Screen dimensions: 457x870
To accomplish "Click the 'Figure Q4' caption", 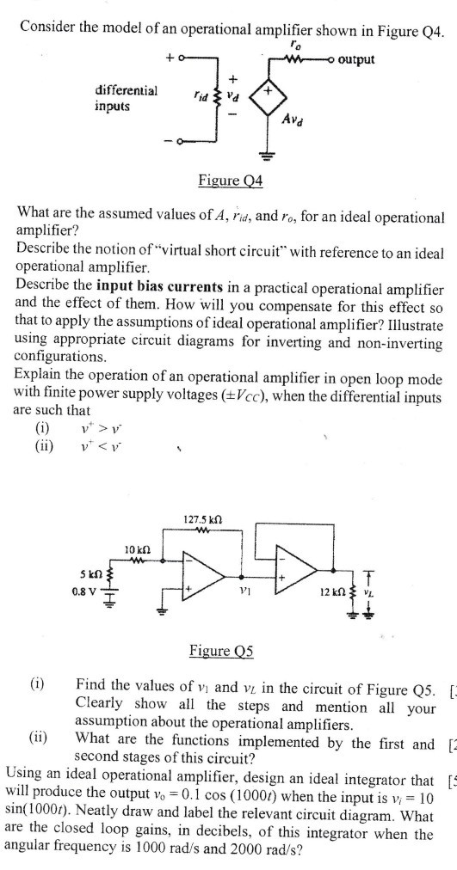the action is pos(230,181).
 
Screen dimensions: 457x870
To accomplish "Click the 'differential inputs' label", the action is pos(126,97).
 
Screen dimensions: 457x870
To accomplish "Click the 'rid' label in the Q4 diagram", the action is pos(201,86).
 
